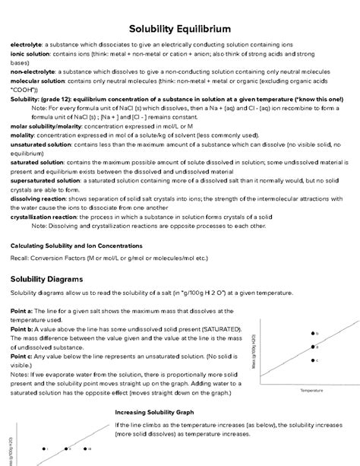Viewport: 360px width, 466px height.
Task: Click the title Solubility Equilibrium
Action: click(x=180, y=28)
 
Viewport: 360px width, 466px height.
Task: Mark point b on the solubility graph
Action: click(x=311, y=333)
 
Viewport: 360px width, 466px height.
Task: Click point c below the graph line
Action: click(x=311, y=360)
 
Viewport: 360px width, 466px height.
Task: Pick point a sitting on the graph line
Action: click(x=311, y=346)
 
